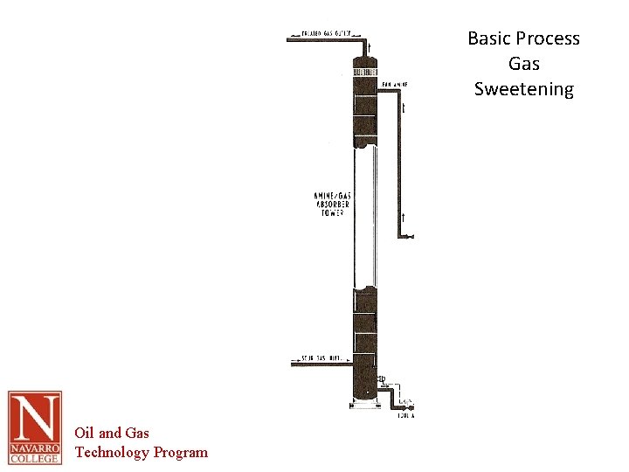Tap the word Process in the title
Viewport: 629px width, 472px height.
coord(548,38)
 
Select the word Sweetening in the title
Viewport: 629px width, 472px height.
coord(524,89)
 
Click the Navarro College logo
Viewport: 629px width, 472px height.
coord(35,427)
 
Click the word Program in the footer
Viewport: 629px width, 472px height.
coord(181,452)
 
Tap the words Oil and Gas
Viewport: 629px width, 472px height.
coord(112,433)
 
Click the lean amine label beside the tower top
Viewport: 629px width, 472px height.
coord(394,85)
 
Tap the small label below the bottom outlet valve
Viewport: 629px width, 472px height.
coord(404,416)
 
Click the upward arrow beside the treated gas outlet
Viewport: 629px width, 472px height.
coord(370,47)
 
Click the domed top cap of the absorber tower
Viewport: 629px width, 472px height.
coord(364,61)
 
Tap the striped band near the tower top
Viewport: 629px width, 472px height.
coord(364,70)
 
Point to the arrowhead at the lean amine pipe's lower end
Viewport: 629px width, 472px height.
coord(411,236)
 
